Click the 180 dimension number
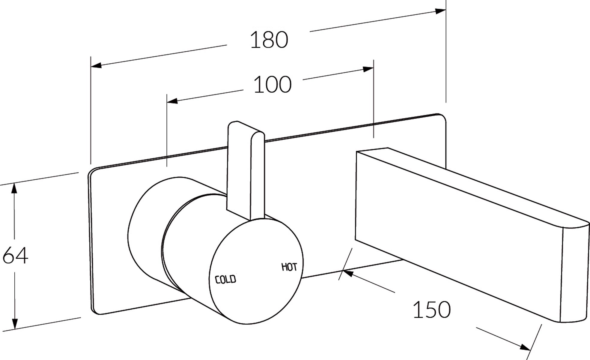269,40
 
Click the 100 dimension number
273,85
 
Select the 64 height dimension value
15,256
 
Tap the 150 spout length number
432,309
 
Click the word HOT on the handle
289,267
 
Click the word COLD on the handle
226,280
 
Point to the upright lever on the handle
246,171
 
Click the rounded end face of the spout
574,273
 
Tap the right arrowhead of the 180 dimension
440,11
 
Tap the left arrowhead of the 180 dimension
96,65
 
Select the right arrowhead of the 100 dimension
368,69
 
